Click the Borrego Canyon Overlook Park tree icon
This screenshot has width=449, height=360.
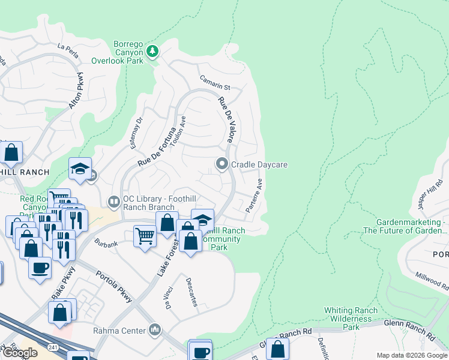[x=153, y=51]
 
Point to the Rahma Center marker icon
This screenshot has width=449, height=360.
[x=155, y=329]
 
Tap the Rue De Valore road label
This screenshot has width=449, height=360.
[x=226, y=120]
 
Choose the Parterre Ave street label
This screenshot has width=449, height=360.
[x=255, y=196]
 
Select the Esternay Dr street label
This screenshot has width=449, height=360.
[x=136, y=131]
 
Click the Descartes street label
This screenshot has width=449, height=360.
[x=191, y=292]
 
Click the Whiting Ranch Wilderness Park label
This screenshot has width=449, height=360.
[x=351, y=319]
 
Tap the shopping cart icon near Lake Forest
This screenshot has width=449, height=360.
[x=145, y=235]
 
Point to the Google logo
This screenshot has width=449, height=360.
[x=20, y=353]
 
